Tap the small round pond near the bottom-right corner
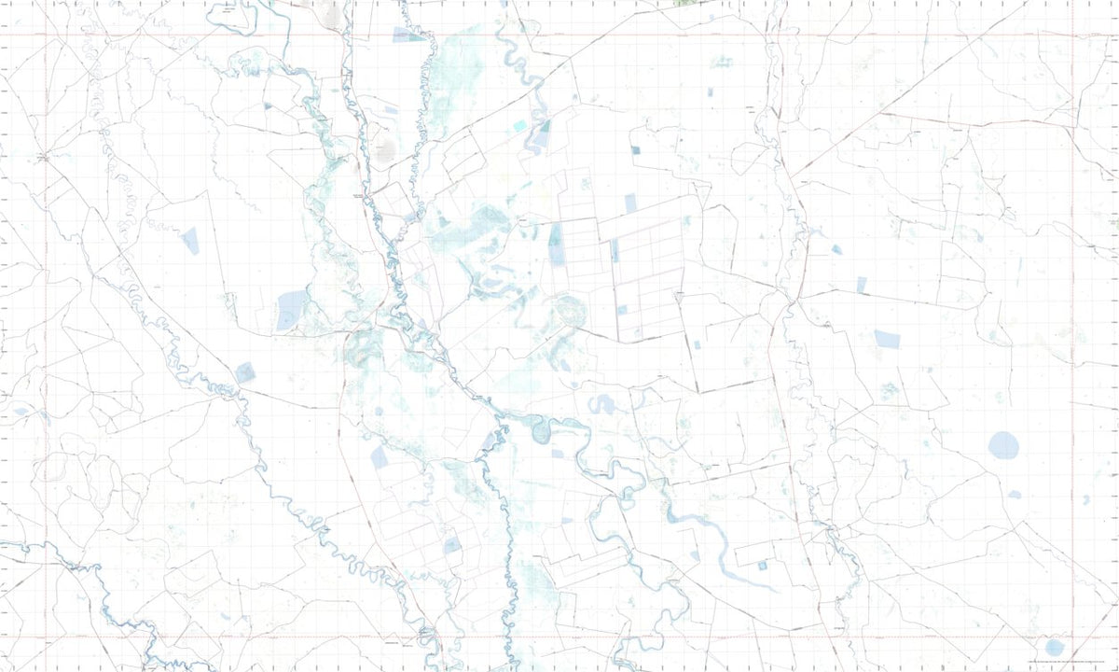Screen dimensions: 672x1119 coord(1055,647)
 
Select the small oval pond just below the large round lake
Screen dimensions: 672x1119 coord(1015,494)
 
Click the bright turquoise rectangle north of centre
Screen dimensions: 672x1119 coord(519,125)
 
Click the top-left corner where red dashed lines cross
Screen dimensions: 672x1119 coord(45,35)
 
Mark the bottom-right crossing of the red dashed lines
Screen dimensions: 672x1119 coord(1073,637)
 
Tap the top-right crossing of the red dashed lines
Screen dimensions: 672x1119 coord(1073,35)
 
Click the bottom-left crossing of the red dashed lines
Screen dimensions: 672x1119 coord(45,637)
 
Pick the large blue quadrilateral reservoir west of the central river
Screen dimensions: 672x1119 coord(292,309)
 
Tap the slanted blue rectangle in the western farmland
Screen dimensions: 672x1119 coord(190,241)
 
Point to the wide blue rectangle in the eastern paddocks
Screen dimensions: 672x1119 coord(887,339)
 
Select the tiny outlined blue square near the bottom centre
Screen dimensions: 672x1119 coord(762,566)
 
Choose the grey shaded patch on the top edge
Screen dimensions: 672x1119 coord(328,9)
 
